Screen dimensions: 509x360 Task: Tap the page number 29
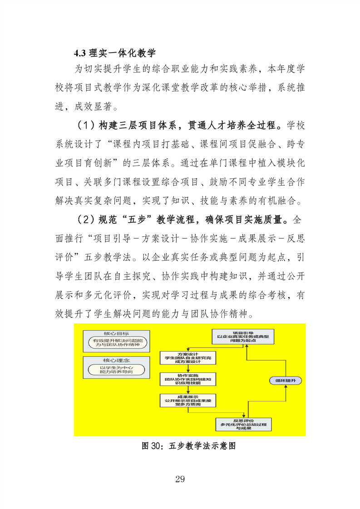179,479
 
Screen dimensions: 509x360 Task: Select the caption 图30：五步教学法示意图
189,445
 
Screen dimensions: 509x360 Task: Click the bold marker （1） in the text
85,125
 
